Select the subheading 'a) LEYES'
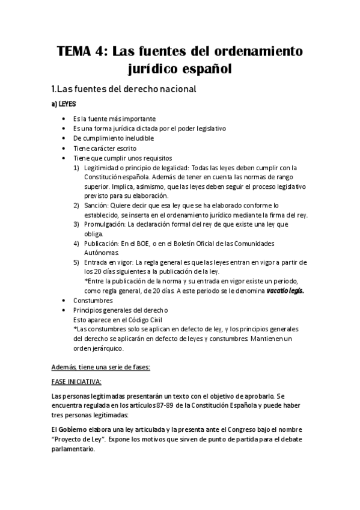[64, 103]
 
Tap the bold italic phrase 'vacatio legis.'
[285, 290]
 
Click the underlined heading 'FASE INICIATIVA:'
[77, 382]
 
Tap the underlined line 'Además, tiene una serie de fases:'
[97, 367]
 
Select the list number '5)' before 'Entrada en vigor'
[76, 262]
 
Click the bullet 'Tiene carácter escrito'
[105, 148]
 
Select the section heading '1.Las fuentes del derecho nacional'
[124, 89]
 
